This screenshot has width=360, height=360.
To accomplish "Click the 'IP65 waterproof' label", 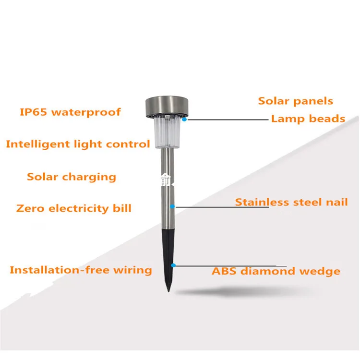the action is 70,112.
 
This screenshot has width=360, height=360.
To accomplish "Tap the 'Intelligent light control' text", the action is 78,144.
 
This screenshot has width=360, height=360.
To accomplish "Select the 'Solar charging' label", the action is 72,177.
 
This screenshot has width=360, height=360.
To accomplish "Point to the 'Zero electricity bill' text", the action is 73,208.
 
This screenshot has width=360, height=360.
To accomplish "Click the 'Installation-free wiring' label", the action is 81,270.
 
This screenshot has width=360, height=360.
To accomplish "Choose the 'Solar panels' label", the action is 295,101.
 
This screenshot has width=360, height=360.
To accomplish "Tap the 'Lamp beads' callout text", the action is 308,119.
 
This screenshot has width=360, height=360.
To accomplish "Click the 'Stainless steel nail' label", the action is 291,202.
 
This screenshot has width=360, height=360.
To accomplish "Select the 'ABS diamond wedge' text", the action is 276,271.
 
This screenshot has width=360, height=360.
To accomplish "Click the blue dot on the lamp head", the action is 184,120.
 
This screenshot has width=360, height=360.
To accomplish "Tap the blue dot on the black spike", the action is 174,264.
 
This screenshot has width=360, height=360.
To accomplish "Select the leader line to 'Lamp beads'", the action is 226,120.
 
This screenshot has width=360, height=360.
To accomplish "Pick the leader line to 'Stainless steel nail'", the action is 206,207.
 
